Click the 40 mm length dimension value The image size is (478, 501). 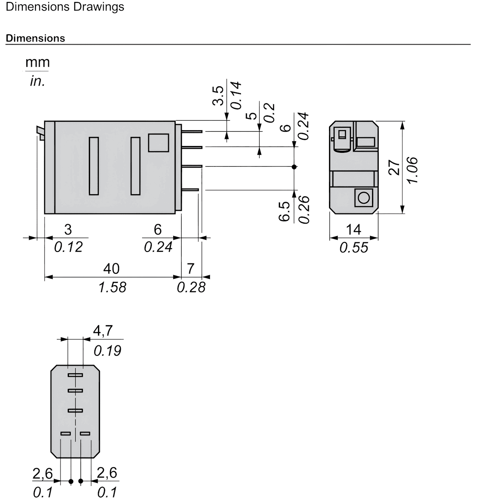point(112,269)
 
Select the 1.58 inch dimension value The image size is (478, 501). point(112,287)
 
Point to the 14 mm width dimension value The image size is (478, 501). point(354,229)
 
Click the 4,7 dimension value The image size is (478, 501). point(103,331)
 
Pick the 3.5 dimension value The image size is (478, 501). point(218,96)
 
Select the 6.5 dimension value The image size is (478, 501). point(284,211)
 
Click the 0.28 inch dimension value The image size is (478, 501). point(191,287)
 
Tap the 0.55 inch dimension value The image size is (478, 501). point(354,248)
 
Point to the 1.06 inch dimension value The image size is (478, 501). point(412,170)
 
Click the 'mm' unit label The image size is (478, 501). point(37,62)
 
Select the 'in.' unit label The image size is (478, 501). point(37,81)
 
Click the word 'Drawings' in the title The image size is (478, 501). point(99,7)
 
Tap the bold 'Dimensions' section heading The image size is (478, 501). point(35,39)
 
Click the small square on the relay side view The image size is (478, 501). point(159,143)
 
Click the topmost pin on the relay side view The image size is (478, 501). point(192,131)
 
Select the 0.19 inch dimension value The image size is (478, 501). point(108,351)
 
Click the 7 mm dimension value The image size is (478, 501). point(190,269)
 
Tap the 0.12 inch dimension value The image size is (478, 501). point(69,247)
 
